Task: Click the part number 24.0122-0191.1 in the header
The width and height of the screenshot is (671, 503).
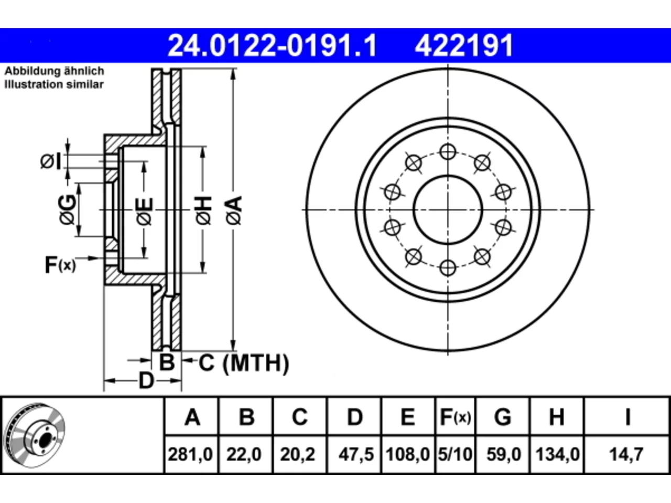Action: (273, 46)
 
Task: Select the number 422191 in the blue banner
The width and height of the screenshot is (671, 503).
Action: (464, 46)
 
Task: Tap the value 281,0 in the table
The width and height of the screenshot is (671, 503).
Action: (190, 454)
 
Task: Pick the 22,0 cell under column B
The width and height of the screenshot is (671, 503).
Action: (244, 454)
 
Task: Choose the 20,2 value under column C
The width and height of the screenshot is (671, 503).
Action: (297, 454)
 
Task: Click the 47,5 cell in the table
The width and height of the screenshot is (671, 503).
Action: (356, 454)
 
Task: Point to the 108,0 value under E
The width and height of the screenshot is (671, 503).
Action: (408, 454)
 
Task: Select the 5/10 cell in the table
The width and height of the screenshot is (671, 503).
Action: (455, 454)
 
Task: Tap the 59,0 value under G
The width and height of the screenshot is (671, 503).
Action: (504, 454)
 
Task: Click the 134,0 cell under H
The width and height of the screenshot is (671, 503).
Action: (558, 454)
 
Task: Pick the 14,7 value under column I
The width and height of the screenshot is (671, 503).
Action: (626, 454)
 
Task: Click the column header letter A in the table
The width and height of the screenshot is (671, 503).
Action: (192, 417)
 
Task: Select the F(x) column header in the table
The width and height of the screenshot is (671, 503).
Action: (455, 417)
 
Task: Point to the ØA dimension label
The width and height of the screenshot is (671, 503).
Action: (234, 211)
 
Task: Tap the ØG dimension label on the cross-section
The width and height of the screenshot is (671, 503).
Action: (68, 210)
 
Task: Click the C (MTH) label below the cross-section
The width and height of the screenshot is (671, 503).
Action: (244, 363)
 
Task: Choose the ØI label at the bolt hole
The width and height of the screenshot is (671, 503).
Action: (51, 161)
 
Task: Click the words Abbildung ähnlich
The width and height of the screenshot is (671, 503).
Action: (55, 71)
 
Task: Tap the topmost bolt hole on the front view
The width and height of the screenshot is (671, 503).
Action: (448, 151)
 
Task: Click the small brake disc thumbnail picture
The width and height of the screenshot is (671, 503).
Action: (34, 436)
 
